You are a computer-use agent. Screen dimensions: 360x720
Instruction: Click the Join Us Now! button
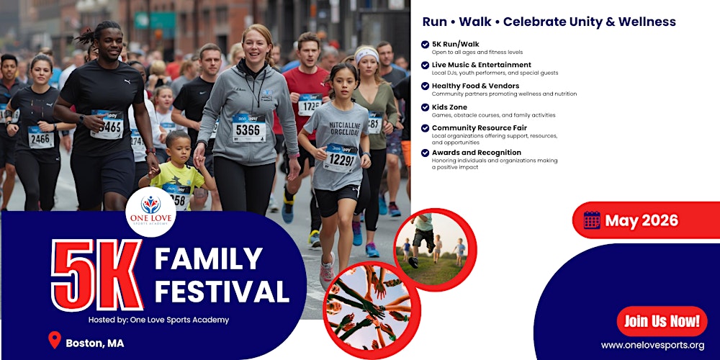pos(662,321)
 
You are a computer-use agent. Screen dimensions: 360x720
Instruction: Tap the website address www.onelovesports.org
pos(653,345)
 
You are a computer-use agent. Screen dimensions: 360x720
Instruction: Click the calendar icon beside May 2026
pos(592,220)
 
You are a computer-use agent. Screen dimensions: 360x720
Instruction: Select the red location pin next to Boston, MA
pos(54,341)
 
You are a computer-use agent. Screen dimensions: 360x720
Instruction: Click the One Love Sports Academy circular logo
pos(150,211)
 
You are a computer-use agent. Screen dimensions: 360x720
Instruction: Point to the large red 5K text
pos(96,275)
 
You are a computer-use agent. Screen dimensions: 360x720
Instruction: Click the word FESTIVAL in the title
pos(222,292)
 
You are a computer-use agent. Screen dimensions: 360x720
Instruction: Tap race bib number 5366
pos(249,129)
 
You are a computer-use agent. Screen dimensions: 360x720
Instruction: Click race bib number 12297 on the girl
pos(341,158)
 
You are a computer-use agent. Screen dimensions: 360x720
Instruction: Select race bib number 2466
pos(41,138)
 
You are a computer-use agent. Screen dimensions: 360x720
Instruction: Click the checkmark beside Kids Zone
pos(425,107)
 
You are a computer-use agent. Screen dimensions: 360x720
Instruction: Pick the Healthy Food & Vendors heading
pos(475,86)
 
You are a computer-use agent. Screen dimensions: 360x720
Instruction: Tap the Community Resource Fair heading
pos(479,127)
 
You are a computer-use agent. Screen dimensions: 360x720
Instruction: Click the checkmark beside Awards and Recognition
pos(425,153)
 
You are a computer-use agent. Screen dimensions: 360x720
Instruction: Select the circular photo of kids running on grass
pos(435,249)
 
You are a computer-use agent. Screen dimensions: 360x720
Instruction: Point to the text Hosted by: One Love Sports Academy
pos(159,320)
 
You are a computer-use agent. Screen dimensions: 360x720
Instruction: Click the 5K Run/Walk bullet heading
pos(455,44)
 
